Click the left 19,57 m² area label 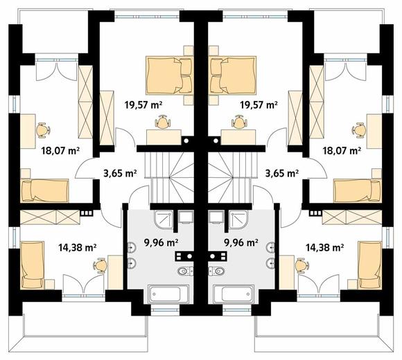(x=143, y=105)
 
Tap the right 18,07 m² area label (x=342, y=150)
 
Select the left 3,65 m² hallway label (x=120, y=173)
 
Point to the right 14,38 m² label (x=324, y=247)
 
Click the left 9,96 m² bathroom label (x=161, y=242)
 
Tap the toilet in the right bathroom (x=217, y=271)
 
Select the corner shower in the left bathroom (x=164, y=219)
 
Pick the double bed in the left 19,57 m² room (x=169, y=75)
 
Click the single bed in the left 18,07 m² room (x=44, y=191)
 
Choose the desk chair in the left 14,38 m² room (x=101, y=266)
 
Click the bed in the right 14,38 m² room (x=370, y=265)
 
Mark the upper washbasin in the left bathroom (x=132, y=247)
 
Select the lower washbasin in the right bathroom (x=270, y=263)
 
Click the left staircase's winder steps (x=182, y=177)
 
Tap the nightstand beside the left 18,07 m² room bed (x=26, y=173)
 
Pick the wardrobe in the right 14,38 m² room (x=352, y=217)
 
